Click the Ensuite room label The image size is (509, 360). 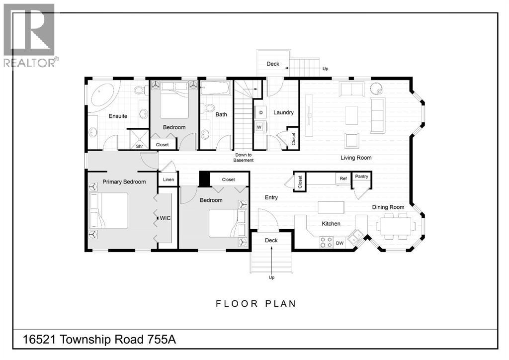click(x=118, y=116)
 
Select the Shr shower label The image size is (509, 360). click(x=140, y=146)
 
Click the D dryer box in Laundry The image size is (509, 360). click(x=260, y=112)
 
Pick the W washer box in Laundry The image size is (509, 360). click(x=259, y=127)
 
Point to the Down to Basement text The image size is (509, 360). click(x=244, y=158)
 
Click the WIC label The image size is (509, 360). click(x=165, y=218)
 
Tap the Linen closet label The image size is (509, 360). click(x=168, y=180)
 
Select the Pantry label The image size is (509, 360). click(x=361, y=177)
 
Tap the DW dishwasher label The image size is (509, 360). click(x=339, y=243)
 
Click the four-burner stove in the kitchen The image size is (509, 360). click(x=326, y=243)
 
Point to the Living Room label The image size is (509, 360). click(x=356, y=158)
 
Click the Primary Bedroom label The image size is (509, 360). click(x=124, y=182)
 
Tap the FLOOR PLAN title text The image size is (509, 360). click(x=255, y=304)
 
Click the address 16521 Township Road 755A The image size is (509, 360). click(x=99, y=340)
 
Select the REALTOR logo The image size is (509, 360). click(x=30, y=35)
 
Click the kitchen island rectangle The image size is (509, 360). click(x=331, y=207)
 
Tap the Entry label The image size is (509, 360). click(x=271, y=197)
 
